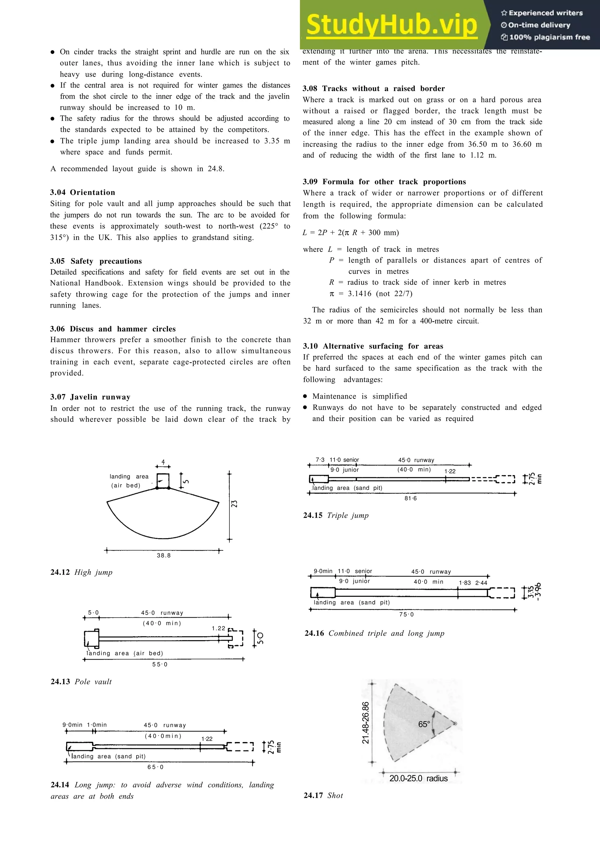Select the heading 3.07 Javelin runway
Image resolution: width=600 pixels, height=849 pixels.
pos(90,397)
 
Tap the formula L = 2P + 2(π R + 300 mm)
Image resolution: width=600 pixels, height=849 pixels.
pos(350,233)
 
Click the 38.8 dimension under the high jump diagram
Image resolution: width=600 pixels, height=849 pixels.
pos(163,555)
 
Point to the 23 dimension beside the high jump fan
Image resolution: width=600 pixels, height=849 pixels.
pos(234,504)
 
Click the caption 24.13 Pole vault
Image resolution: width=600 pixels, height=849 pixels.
pos(81,681)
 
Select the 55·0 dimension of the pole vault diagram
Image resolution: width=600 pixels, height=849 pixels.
pos(160,664)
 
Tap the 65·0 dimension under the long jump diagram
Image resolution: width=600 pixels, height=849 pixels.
pos(155,767)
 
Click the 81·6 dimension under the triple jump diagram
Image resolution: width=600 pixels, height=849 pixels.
pos(410,498)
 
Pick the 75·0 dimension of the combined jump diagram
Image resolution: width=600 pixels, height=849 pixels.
pos(406,615)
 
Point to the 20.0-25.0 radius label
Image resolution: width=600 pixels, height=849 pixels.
pos(418,778)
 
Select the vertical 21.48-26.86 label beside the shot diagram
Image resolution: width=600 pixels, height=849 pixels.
pos(366,723)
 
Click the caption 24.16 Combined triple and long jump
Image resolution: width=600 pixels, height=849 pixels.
pos(374,633)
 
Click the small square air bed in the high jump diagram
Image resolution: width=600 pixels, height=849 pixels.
pos(163,481)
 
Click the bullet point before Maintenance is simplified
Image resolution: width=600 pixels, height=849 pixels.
pos(305,396)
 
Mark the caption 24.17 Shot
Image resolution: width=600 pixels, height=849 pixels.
pos(323,795)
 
